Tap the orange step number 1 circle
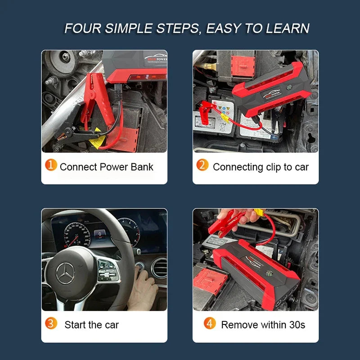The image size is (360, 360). coord(51,166)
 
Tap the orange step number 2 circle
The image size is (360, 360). coord(202,166)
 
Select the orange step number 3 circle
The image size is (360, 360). coord(51,323)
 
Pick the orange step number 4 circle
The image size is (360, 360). coord(210,323)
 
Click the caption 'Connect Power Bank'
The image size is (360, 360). coord(106,167)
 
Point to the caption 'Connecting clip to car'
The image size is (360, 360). coord(261,167)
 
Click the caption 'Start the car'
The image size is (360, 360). coord(91,324)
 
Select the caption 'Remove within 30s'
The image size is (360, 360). coord(263,324)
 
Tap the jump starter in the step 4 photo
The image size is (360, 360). coord(256,274)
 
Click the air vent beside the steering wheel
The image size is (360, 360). coord(159,267)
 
